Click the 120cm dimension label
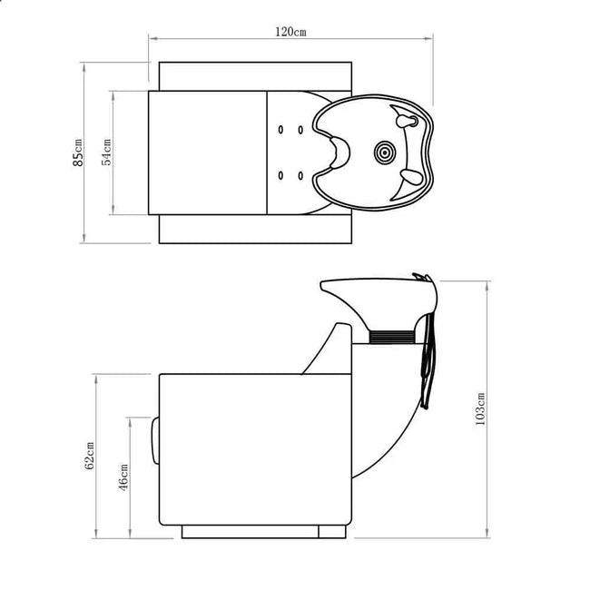tap(290, 32)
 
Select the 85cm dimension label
tap(78, 152)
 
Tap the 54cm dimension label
tap(106, 152)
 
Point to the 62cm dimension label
tap(89, 456)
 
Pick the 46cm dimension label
tap(123, 477)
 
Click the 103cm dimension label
tap(480, 409)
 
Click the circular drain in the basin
tap(385, 152)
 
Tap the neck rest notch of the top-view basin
tap(340, 152)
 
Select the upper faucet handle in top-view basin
tap(407, 121)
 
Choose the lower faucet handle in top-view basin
tap(411, 176)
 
